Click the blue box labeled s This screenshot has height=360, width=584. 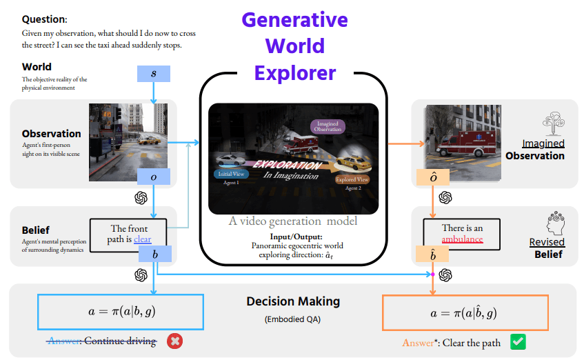point(154,73)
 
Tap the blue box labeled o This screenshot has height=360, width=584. point(154,177)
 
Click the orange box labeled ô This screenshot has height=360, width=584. point(432,178)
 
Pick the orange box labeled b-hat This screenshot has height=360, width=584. point(432,255)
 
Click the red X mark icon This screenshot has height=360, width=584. point(175,341)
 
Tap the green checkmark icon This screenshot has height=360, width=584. point(518,341)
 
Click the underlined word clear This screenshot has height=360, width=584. point(142,239)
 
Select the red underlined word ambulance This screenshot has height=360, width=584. point(462,239)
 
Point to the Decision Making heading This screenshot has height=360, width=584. point(293,301)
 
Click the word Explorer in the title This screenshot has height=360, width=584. point(294,72)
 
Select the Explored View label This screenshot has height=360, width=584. point(352,179)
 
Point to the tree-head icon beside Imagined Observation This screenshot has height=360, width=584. point(554,124)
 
